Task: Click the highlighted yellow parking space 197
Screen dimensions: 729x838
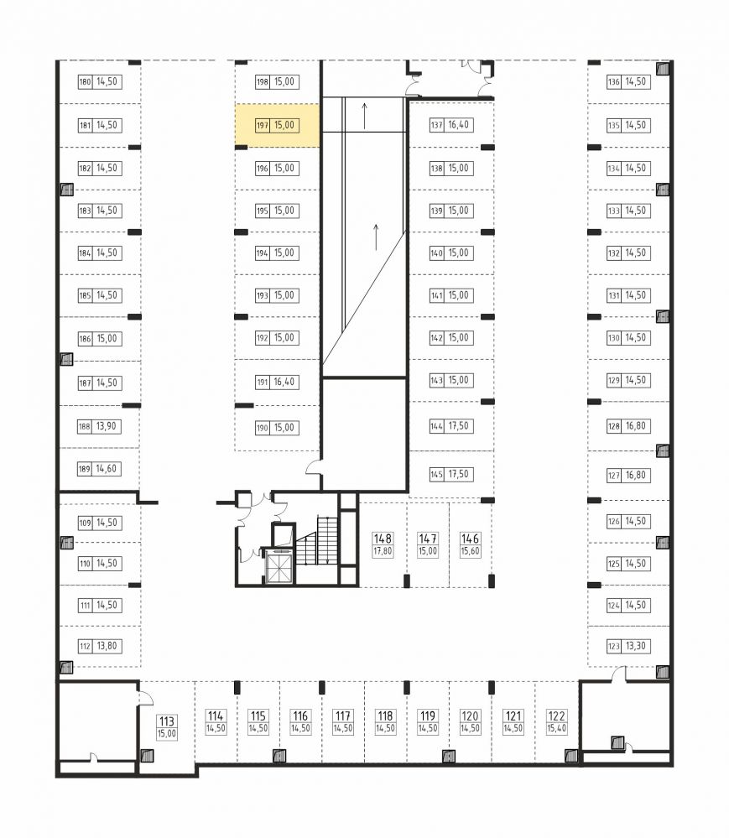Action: coord(278,125)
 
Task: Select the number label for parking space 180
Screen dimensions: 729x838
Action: coord(85,81)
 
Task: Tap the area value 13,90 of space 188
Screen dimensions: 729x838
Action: coord(107,426)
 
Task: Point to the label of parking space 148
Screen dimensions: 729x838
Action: coord(383,544)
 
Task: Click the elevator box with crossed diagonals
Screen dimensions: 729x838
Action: coord(279,568)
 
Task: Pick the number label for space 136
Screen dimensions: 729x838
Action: coord(613,81)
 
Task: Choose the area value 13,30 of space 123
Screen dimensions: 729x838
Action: coord(636,646)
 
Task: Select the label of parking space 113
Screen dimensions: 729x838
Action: coord(167,727)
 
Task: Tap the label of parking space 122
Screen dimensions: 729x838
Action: coord(556,722)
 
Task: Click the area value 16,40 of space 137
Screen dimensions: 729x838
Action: coord(459,124)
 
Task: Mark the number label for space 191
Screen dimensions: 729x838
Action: coord(263,383)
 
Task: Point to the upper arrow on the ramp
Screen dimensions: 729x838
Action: coord(364,116)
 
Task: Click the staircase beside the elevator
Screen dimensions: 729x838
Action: coord(317,540)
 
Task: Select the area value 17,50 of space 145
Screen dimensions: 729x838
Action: coord(459,474)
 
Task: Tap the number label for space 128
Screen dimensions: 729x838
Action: coord(613,426)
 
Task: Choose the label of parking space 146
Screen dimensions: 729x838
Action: coord(470,544)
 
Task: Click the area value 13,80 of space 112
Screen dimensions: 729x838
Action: coord(107,646)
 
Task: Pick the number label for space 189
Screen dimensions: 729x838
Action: coord(85,469)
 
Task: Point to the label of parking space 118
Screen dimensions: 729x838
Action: coord(385,722)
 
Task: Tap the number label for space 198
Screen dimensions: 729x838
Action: coord(263,81)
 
